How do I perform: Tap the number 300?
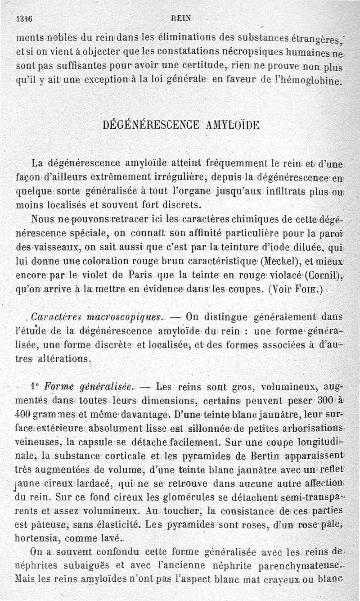click(325, 401)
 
